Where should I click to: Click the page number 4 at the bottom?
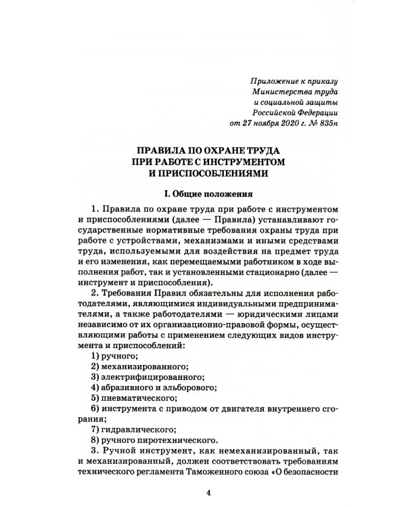pyautogui.click(x=208, y=493)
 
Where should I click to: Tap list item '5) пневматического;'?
pyautogui.click(x=133, y=401)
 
